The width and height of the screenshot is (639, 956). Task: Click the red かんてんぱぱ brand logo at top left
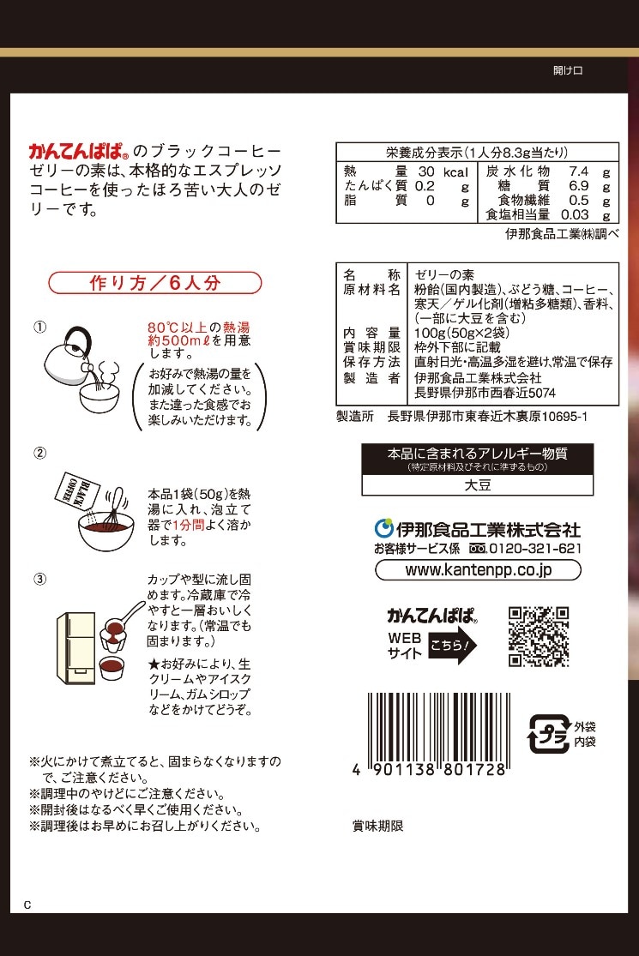coord(78,151)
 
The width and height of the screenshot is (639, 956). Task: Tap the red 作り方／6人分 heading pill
coord(155,283)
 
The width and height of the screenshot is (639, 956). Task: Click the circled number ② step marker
coord(39,453)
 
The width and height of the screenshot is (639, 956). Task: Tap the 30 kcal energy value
coord(443,172)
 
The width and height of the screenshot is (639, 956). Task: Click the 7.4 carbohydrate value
coord(578,171)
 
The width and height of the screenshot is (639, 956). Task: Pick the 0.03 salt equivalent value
coord(575,214)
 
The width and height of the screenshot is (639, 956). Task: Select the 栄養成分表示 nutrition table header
coord(477,153)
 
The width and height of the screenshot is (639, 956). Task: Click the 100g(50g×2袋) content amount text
coord(461,333)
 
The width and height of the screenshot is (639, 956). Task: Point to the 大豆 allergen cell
coord(478,485)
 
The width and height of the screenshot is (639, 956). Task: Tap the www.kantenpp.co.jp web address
coord(478,570)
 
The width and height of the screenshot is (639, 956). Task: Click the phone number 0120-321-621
coord(535,548)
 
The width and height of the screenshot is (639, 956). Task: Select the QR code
coord(539,636)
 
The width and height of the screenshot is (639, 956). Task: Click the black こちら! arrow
coord(453,645)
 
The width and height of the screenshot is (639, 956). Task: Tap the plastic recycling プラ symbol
coord(548,734)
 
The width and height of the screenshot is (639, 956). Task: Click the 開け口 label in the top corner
coord(568,70)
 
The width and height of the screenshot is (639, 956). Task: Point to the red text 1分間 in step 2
coord(189,525)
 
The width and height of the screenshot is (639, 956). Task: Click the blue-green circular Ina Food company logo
coord(383,529)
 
